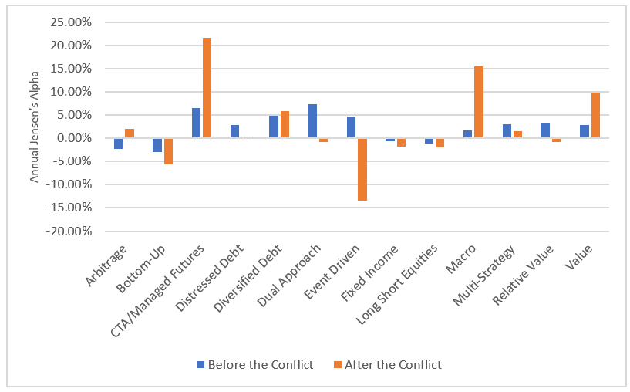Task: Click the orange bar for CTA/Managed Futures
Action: coord(207,88)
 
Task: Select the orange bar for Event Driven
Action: coord(362,169)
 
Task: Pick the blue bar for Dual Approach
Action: coord(312,121)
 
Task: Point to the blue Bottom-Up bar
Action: coord(157,145)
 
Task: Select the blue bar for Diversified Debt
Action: coord(274,127)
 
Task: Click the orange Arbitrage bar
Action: coord(129,133)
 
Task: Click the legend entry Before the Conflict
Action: coord(255,365)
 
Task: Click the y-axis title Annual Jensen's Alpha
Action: coord(34,127)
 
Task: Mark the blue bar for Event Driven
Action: coord(351,127)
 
